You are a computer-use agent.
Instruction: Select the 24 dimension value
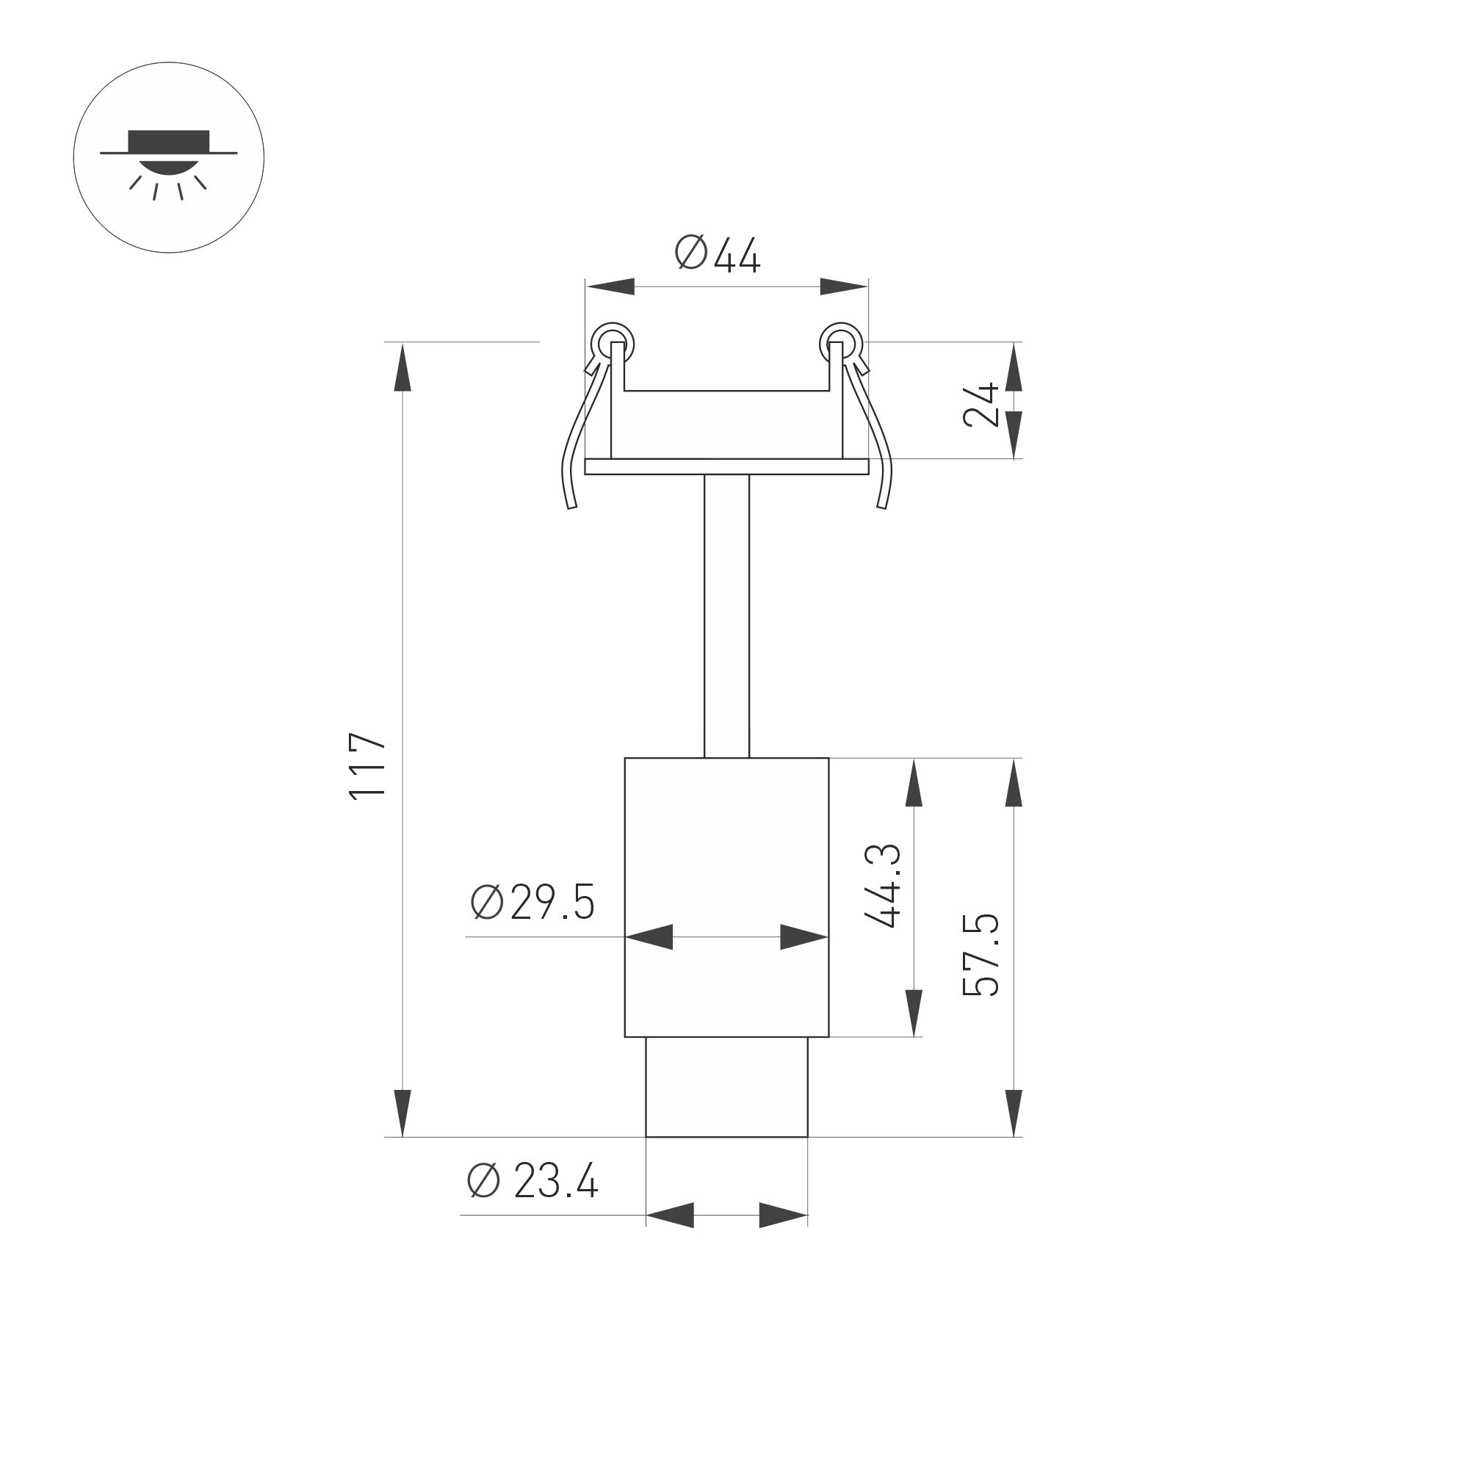coord(981,405)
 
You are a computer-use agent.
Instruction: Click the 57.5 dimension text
coord(982,956)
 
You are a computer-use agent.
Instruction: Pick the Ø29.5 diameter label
coord(532,902)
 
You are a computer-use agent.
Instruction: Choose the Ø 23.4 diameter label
coord(532,1182)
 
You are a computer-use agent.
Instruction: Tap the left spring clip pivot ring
coord(613,344)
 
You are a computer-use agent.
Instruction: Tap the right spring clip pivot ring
coord(841,344)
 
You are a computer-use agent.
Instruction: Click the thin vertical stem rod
coord(726,615)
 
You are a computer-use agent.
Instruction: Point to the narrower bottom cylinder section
coord(726,1086)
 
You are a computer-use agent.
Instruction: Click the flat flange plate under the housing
coord(726,466)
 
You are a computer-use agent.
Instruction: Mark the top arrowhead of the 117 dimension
coord(402,367)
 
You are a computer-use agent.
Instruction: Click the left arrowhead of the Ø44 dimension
coord(611,287)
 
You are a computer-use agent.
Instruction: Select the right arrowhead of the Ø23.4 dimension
coord(783,1215)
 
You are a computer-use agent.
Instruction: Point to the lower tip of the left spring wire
coord(572,506)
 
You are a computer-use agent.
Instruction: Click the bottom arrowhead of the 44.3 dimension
coord(914,1013)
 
